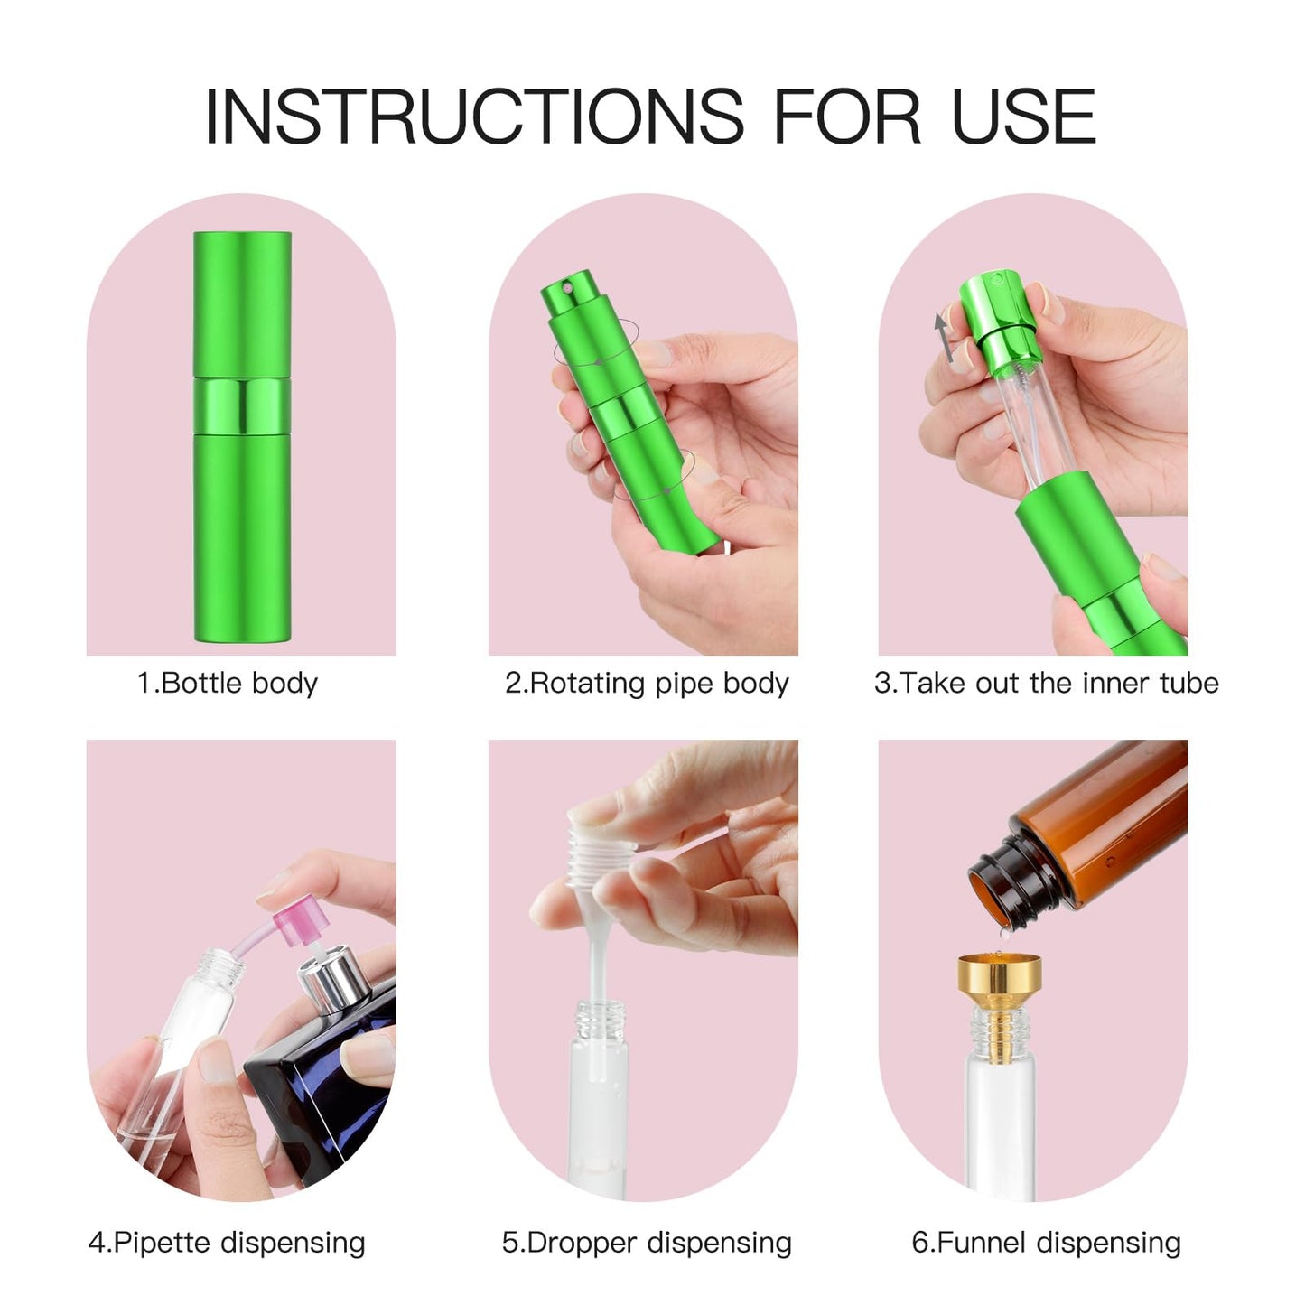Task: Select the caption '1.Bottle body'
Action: coord(228,683)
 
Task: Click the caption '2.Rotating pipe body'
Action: coord(647,683)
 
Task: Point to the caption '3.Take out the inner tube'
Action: coord(1046,683)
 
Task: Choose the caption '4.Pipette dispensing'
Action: coord(227,1243)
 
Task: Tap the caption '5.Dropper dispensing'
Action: coord(647,1243)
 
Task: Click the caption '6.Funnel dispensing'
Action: coord(1046,1243)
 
